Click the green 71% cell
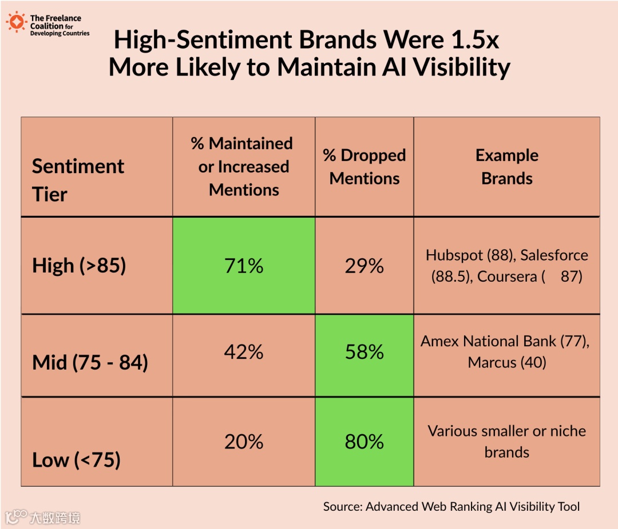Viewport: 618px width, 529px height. click(244, 266)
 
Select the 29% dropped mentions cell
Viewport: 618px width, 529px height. click(365, 266)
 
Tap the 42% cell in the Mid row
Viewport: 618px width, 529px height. click(244, 352)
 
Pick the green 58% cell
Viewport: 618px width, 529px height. click(365, 352)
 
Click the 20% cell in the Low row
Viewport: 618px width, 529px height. click(244, 442)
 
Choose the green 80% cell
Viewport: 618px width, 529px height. click(365, 442)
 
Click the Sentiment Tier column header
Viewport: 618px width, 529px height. click(78, 180)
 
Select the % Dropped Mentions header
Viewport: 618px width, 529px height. click(365, 167)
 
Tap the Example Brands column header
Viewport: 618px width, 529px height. click(506, 167)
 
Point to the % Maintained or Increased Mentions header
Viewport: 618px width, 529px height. click(244, 167)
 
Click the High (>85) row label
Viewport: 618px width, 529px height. click(79, 266)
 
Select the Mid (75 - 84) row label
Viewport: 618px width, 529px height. click(90, 362)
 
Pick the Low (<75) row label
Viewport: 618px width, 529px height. click(76, 459)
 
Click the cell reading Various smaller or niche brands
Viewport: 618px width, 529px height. click(506, 442)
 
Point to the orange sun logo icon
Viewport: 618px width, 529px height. click(17, 22)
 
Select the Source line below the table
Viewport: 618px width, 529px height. click(451, 506)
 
